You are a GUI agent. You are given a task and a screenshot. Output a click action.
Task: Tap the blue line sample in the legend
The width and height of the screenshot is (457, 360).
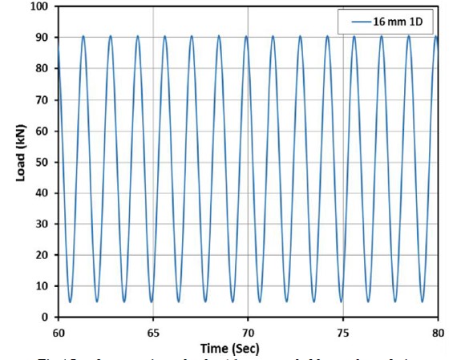pyautogui.click(x=354, y=21)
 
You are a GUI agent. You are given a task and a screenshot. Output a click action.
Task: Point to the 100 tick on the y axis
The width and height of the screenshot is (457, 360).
pyautogui.click(x=40, y=6)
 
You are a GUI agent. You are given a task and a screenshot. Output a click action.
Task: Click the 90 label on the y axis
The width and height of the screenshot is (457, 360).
pyautogui.click(x=43, y=38)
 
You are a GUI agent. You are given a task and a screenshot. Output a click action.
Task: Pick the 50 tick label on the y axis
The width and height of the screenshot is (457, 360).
pyautogui.click(x=43, y=162)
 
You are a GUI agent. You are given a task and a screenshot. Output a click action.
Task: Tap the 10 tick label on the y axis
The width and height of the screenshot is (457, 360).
pyautogui.click(x=43, y=286)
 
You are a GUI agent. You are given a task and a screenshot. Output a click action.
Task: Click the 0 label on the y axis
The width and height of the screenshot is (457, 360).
pyautogui.click(x=47, y=318)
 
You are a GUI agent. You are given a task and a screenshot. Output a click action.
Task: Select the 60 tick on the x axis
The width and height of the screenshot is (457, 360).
pyautogui.click(x=59, y=331)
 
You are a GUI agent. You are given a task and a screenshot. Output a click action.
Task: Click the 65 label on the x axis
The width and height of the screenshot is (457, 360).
pyautogui.click(x=153, y=331)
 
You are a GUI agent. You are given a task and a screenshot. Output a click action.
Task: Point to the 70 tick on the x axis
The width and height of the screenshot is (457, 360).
pyautogui.click(x=248, y=331)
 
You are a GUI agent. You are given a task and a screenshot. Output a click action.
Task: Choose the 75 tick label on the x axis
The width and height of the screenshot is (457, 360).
pyautogui.click(x=342, y=331)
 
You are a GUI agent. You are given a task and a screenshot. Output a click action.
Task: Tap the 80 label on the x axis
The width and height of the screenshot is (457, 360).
pyautogui.click(x=437, y=331)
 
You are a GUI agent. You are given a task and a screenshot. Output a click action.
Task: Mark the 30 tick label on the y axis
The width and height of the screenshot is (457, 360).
pyautogui.click(x=43, y=224)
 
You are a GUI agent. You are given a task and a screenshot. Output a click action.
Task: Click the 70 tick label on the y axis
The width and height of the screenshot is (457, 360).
pyautogui.click(x=43, y=100)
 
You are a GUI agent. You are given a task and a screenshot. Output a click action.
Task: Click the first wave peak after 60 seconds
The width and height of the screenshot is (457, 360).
pyautogui.click(x=83, y=36)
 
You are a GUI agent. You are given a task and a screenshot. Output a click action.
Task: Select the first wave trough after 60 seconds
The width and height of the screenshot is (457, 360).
pyautogui.click(x=70, y=301)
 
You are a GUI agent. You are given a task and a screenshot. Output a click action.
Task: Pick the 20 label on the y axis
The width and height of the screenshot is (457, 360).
pyautogui.click(x=43, y=255)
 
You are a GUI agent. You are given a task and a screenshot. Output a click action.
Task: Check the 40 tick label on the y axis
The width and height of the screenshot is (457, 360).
pyautogui.click(x=43, y=193)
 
